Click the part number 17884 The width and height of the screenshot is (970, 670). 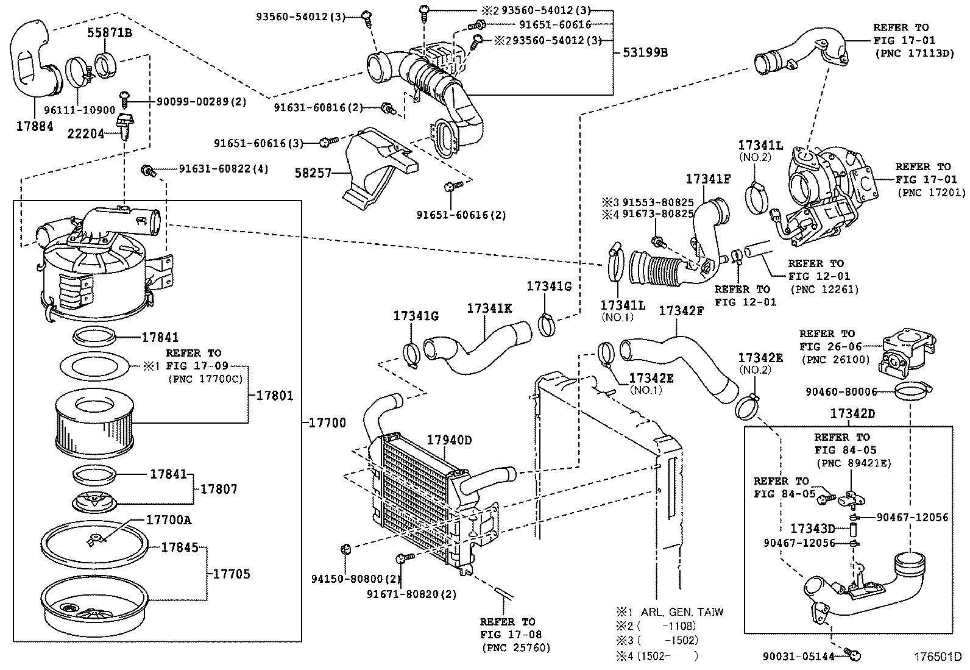(x=35, y=126)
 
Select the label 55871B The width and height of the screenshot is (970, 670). (x=109, y=33)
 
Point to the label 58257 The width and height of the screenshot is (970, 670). (x=312, y=173)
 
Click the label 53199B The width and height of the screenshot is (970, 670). (x=645, y=52)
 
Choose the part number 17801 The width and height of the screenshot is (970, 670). (x=274, y=396)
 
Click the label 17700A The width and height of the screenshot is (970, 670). (x=169, y=519)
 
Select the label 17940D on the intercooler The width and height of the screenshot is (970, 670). (x=449, y=440)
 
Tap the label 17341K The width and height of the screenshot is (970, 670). (x=489, y=308)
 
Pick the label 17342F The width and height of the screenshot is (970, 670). (x=681, y=310)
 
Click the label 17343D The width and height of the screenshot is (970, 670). (x=812, y=528)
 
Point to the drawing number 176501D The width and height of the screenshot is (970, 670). (x=936, y=657)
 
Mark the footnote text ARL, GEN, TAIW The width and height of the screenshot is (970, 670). (x=682, y=611)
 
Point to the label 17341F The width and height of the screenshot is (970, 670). (x=708, y=179)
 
